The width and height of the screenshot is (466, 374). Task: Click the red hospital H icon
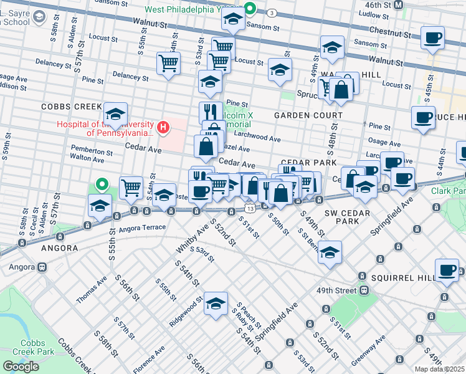(x=163, y=128)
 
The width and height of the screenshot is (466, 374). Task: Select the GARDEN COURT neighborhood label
(x=308, y=115)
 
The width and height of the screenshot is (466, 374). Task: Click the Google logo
(x=21, y=366)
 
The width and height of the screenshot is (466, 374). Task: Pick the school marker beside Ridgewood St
(x=216, y=305)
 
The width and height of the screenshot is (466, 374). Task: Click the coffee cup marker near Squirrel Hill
(x=446, y=270)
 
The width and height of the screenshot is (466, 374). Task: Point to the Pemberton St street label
(x=91, y=151)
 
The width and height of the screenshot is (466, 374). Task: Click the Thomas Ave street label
(x=92, y=291)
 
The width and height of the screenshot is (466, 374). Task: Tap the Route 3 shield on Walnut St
(x=272, y=12)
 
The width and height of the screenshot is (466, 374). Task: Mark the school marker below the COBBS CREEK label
(x=115, y=115)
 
